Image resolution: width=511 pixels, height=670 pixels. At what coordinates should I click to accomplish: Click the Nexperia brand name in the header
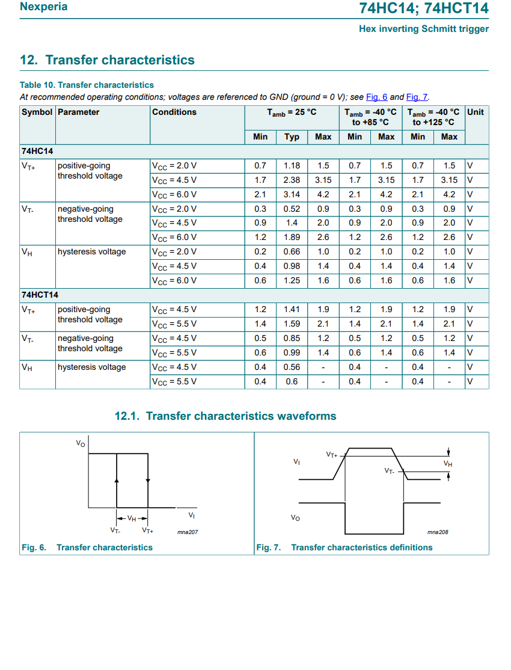click(43, 7)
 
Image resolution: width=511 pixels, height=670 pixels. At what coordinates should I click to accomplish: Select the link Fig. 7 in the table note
click(417, 97)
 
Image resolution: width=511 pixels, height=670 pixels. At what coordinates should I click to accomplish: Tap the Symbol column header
click(37, 112)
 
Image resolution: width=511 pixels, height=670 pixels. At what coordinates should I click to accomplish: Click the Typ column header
click(292, 137)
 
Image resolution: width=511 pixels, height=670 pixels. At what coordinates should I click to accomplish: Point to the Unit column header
click(476, 112)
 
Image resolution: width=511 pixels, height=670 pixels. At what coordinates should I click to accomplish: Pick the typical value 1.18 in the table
click(292, 165)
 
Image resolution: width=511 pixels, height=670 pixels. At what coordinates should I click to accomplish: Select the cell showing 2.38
click(292, 180)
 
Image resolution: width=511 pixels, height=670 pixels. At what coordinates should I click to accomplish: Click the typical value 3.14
click(292, 194)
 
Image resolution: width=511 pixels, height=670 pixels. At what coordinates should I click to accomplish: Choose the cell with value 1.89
click(292, 237)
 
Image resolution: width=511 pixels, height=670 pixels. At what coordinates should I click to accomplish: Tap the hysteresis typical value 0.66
click(292, 251)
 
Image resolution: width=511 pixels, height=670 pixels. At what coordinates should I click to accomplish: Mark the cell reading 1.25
click(292, 280)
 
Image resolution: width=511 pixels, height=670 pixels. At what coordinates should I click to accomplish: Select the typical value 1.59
click(292, 324)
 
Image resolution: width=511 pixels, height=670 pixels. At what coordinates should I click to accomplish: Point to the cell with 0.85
click(292, 338)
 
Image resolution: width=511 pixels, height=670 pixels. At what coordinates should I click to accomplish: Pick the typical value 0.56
click(292, 367)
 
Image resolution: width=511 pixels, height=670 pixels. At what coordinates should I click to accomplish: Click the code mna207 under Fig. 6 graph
click(188, 532)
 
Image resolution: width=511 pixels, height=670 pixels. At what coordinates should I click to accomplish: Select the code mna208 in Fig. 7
click(438, 532)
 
